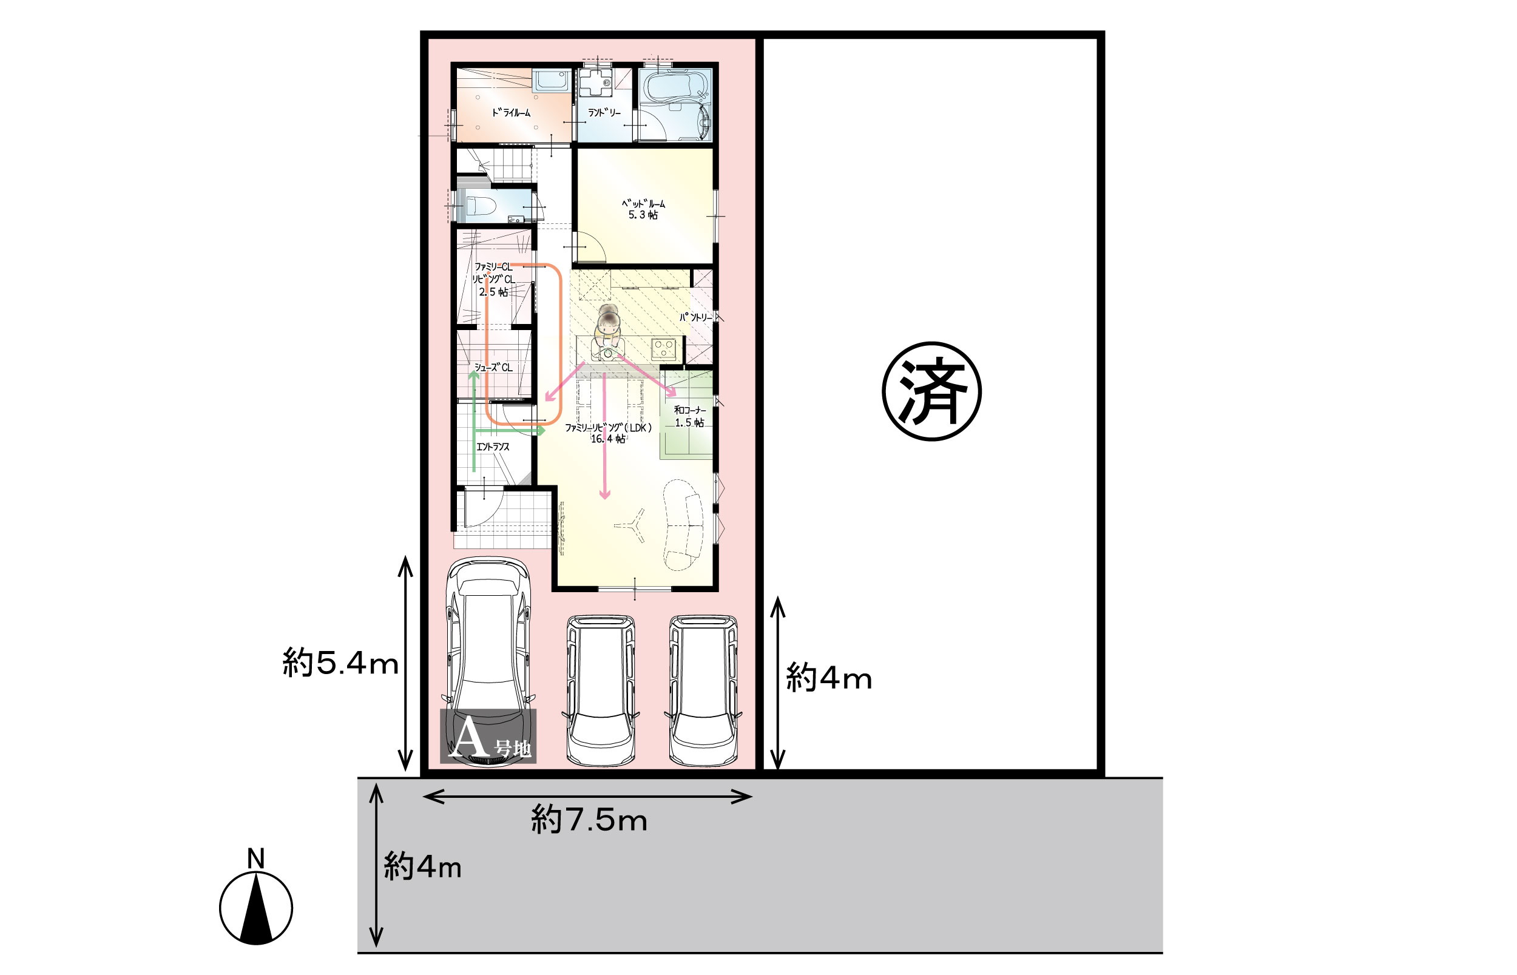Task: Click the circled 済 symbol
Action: pyautogui.click(x=931, y=391)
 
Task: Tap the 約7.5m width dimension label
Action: pyautogui.click(x=589, y=820)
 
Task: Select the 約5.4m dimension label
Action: pyautogui.click(x=340, y=664)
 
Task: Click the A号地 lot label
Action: pyautogui.click(x=488, y=737)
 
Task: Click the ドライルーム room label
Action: pyautogui.click(x=511, y=113)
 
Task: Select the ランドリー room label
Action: pyautogui.click(x=604, y=113)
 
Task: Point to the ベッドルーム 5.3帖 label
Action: pyautogui.click(x=643, y=209)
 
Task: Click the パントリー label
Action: pyautogui.click(x=695, y=317)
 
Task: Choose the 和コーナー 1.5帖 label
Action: pyautogui.click(x=689, y=417)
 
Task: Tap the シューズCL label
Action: pyautogui.click(x=493, y=367)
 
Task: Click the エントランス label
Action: pyautogui.click(x=493, y=447)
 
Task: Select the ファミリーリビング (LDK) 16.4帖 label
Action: pyautogui.click(x=609, y=433)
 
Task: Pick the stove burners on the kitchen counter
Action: pyautogui.click(x=663, y=348)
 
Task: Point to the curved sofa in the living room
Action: pyautogui.click(x=683, y=525)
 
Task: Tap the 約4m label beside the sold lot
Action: pyautogui.click(x=829, y=679)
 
